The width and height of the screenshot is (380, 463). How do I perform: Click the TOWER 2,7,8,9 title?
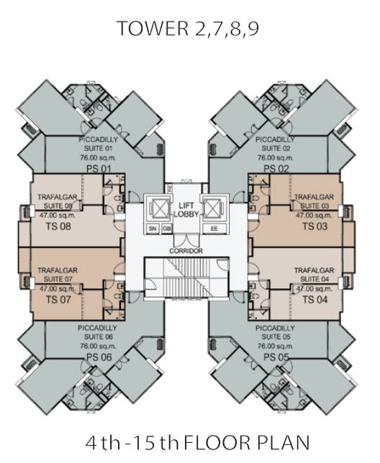tap(188, 29)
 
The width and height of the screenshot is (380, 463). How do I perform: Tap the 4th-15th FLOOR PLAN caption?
tap(198, 443)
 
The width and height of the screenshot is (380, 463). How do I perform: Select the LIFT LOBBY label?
tap(186, 210)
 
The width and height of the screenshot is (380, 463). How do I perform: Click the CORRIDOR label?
tap(186, 251)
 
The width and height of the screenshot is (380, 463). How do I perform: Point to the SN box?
tap(153, 229)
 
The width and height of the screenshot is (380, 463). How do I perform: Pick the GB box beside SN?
tap(167, 229)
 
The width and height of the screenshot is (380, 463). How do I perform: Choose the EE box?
tap(214, 229)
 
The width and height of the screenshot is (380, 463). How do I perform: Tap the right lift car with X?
tap(212, 208)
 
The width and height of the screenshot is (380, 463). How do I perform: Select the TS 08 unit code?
tap(58, 226)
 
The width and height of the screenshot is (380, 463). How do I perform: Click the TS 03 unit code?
tap(315, 226)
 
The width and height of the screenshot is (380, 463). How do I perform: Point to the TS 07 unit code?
tap(58, 300)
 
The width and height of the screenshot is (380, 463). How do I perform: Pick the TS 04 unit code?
tap(315, 300)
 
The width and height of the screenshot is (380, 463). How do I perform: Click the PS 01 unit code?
tap(99, 169)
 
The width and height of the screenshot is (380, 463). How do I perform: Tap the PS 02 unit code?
tap(276, 169)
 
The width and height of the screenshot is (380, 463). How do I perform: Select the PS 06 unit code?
tap(99, 357)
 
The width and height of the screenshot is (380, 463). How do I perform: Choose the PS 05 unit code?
tap(276, 357)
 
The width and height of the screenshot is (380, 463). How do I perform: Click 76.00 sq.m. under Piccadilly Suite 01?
tap(98, 157)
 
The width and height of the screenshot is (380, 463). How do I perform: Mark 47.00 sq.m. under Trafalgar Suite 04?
tap(315, 289)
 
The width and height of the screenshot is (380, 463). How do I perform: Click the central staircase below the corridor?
tap(186, 278)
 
